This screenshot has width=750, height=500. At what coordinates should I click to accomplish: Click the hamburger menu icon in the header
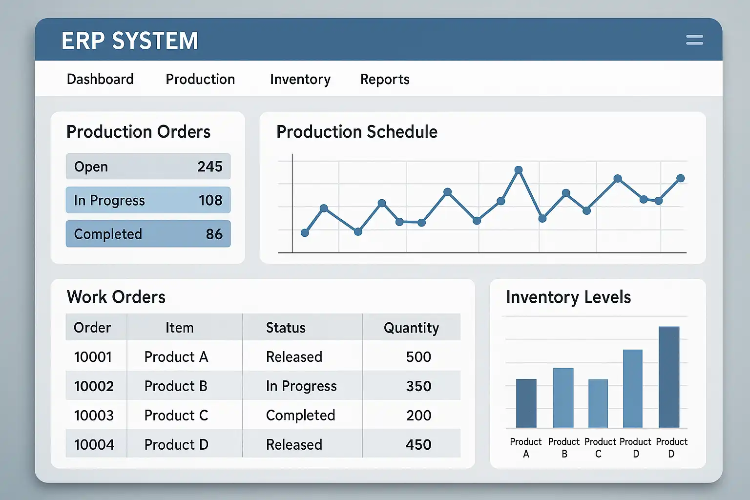coord(694,40)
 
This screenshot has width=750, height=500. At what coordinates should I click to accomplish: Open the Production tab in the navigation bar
coord(200,79)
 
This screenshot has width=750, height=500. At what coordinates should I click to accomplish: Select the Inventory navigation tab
coord(300,79)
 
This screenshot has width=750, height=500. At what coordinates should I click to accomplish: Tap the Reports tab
coord(385,79)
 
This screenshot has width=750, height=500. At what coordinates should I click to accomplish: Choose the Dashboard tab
coord(100,79)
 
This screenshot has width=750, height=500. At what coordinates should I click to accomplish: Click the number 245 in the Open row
coord(210,167)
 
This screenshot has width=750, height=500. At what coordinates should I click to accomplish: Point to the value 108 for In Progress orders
coord(210,200)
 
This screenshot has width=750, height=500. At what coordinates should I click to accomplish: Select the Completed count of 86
coord(214,234)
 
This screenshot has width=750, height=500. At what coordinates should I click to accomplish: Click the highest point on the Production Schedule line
coord(519,170)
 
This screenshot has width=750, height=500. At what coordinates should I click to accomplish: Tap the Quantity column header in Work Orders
coord(411,328)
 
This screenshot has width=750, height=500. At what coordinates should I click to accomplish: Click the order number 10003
coord(94,416)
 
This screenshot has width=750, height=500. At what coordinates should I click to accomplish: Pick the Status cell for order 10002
coord(301,386)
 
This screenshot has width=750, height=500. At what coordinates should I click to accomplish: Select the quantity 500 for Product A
coord(418,357)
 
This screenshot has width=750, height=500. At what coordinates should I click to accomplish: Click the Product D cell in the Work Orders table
coord(176,445)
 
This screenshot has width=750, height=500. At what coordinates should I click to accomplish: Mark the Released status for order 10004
coord(294,445)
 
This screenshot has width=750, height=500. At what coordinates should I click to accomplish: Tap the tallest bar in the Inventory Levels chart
coord(669,377)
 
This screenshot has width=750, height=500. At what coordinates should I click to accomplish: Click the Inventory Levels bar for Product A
coord(526,403)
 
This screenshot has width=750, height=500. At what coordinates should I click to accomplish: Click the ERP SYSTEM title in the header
coord(130,41)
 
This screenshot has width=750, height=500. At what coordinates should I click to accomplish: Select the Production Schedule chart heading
coord(357,132)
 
